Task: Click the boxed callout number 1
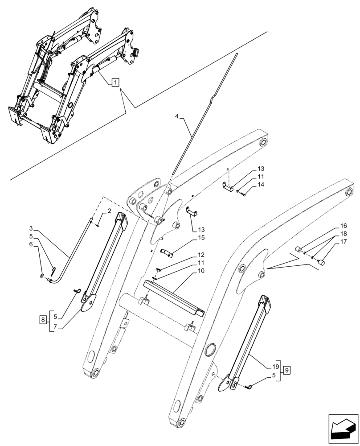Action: [x=115, y=83]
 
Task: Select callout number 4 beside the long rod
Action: [x=177, y=116]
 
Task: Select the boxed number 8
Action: [x=42, y=320]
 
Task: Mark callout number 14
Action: [x=261, y=184]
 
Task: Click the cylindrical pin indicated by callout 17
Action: [x=321, y=263]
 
